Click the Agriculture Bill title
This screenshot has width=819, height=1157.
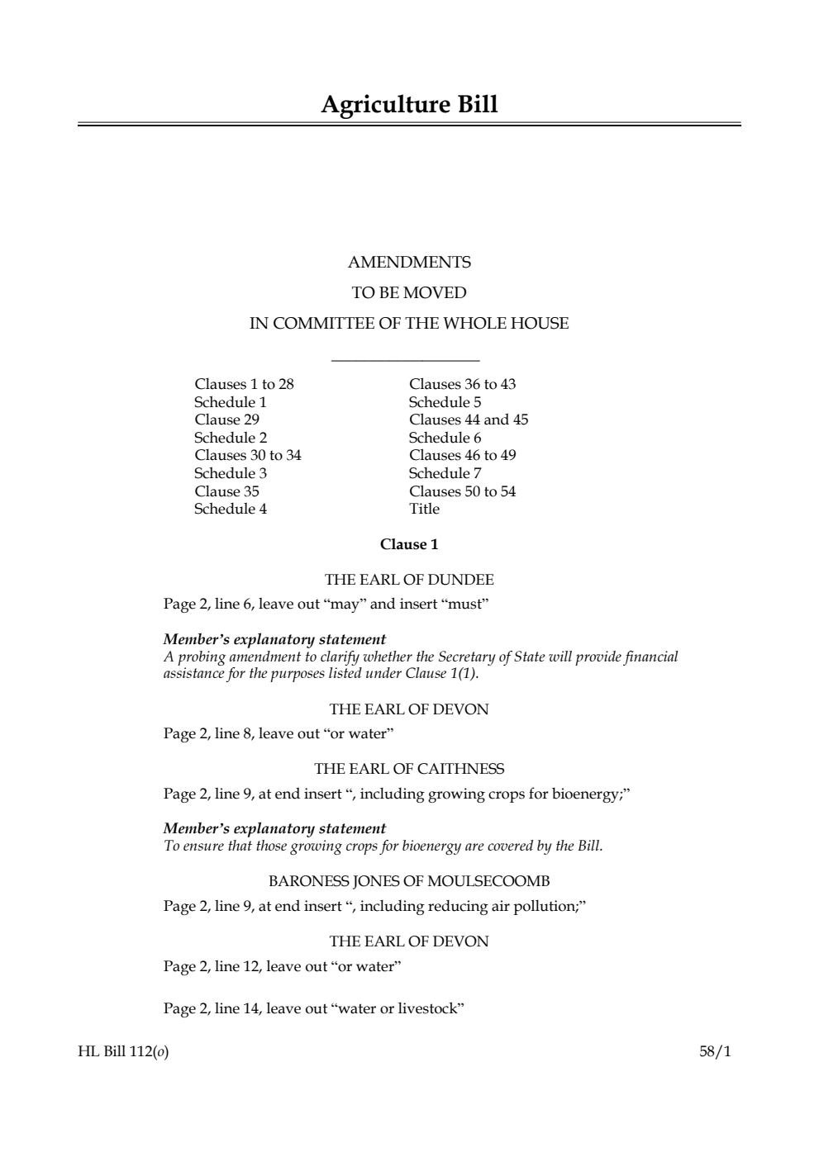(x=409, y=106)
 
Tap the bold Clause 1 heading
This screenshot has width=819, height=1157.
(x=409, y=544)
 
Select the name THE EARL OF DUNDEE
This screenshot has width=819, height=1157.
(x=409, y=580)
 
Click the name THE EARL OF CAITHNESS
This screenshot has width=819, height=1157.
(x=409, y=769)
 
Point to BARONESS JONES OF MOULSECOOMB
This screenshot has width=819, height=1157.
(x=409, y=881)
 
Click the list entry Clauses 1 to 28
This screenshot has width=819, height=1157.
(x=244, y=384)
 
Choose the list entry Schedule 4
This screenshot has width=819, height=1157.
(x=231, y=509)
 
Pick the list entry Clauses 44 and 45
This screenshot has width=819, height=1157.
(x=469, y=420)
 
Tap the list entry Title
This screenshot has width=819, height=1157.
(x=424, y=509)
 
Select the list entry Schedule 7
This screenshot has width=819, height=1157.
(x=445, y=473)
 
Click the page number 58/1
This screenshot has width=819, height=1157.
(x=715, y=1052)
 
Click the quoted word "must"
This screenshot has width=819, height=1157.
(x=468, y=604)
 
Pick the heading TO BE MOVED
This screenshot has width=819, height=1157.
(x=409, y=293)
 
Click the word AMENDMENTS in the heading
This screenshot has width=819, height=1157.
(x=409, y=263)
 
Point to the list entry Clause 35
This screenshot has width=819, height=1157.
(x=226, y=491)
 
